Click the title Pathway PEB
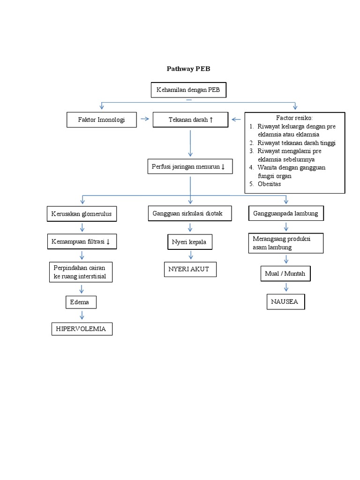(x=189, y=69)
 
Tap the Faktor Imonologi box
(x=101, y=120)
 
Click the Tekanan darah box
(x=190, y=120)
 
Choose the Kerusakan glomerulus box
(x=82, y=214)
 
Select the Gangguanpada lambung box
(x=285, y=214)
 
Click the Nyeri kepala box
(x=189, y=242)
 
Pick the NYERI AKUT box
(x=189, y=270)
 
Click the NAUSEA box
(x=285, y=301)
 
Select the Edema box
(x=80, y=302)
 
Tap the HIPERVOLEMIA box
(x=82, y=329)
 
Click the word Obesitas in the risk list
(x=270, y=184)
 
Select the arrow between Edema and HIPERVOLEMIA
(x=82, y=315)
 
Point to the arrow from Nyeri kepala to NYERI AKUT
(x=190, y=256)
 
